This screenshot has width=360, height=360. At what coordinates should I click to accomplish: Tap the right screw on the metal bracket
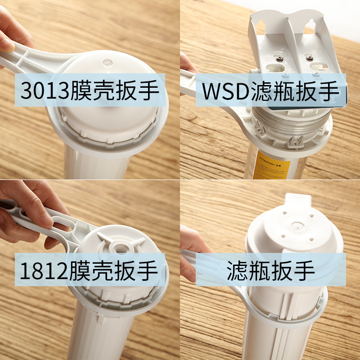point(309,57)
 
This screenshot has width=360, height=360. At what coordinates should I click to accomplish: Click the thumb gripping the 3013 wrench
point(7,43)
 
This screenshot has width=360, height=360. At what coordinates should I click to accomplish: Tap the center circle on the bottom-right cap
point(296,224)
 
